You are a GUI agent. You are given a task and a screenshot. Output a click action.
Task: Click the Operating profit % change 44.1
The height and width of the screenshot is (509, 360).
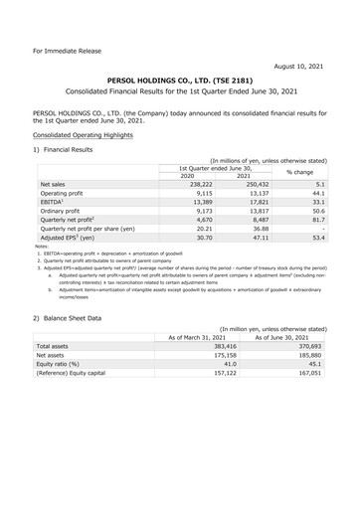[x=322, y=196]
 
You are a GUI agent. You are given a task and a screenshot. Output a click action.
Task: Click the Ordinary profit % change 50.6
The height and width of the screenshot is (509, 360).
[x=322, y=220]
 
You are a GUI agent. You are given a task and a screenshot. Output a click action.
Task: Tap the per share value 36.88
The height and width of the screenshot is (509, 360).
[x=255, y=244]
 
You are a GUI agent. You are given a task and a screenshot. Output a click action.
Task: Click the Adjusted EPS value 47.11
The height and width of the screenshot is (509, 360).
[x=255, y=255]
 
